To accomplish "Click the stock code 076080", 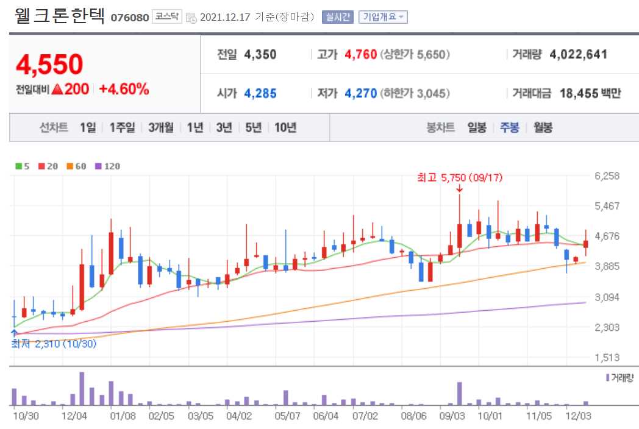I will pyautogui.click(x=129, y=17).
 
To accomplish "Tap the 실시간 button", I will pyautogui.click(x=338, y=17).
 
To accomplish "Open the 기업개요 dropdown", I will pyautogui.click(x=383, y=17).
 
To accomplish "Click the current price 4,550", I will pyautogui.click(x=49, y=64).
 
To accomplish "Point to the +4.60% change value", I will pyautogui.click(x=124, y=89).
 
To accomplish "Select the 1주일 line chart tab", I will pyautogui.click(x=122, y=127).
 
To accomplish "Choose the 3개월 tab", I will pyautogui.click(x=161, y=127).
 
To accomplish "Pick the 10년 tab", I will pyautogui.click(x=285, y=127).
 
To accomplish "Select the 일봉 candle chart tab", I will pyautogui.click(x=477, y=127).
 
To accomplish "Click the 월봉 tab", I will pyautogui.click(x=543, y=127).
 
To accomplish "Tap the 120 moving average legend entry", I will pyautogui.click(x=108, y=166).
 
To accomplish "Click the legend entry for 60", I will pyautogui.click(x=77, y=166).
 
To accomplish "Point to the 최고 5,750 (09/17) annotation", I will pyautogui.click(x=451, y=178).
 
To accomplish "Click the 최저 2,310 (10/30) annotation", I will pyautogui.click(x=54, y=343).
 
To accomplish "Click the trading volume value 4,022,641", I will pyautogui.click(x=578, y=54).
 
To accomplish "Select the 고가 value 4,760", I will pyautogui.click(x=360, y=54).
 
